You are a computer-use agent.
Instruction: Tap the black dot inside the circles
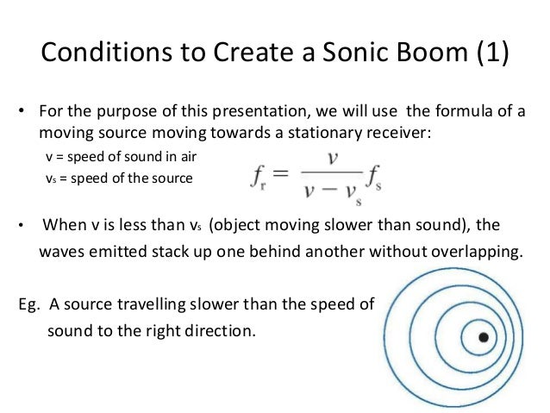point(484,335)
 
